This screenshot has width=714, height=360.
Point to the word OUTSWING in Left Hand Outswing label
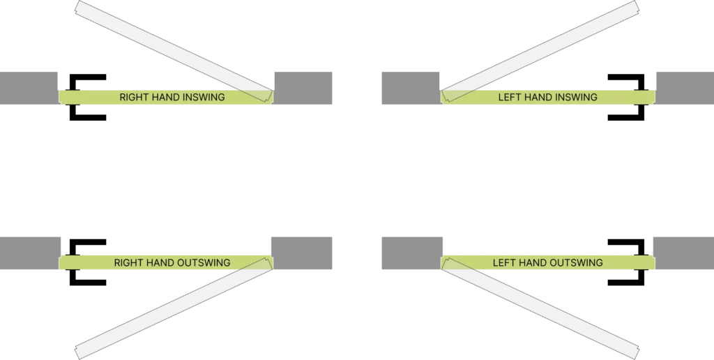coord(575,263)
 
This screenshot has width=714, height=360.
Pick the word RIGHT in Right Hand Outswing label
coord(129,263)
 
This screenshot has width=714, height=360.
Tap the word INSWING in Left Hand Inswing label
coord(575,98)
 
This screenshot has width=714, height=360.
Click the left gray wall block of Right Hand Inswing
coord(30,87)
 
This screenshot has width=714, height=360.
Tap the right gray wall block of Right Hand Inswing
coord(304,87)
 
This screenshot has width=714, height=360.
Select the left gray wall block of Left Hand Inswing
coord(409,87)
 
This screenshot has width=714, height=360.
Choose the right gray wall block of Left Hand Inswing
coord(683,87)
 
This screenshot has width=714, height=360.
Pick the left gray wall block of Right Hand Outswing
coord(30,253)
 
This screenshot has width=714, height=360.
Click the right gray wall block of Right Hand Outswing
coord(301,253)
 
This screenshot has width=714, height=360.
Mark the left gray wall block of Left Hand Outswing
coord(412,253)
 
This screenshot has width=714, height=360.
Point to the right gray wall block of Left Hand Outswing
coord(683,253)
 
